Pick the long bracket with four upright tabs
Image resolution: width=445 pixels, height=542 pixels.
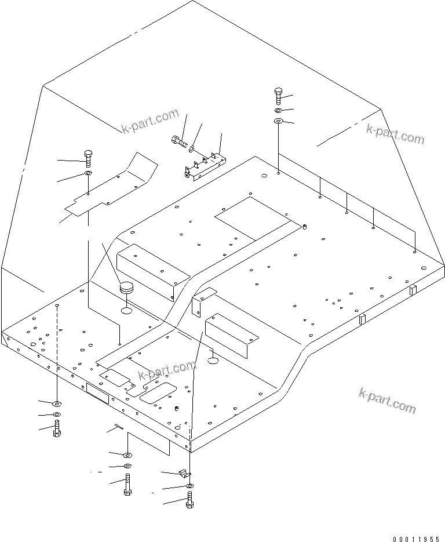[x=205, y=165]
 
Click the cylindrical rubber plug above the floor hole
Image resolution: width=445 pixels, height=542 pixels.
[x=126, y=288]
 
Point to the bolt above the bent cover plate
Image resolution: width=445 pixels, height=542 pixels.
[x=88, y=157]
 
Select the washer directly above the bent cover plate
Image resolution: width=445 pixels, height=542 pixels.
[x=87, y=173]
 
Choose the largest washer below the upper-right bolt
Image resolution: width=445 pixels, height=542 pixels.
[x=278, y=121]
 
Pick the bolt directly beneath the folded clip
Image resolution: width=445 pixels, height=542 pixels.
[x=189, y=499]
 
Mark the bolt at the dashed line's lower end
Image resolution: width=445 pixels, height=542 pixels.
[x=57, y=430]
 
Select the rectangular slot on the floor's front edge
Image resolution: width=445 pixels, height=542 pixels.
[x=97, y=395]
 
